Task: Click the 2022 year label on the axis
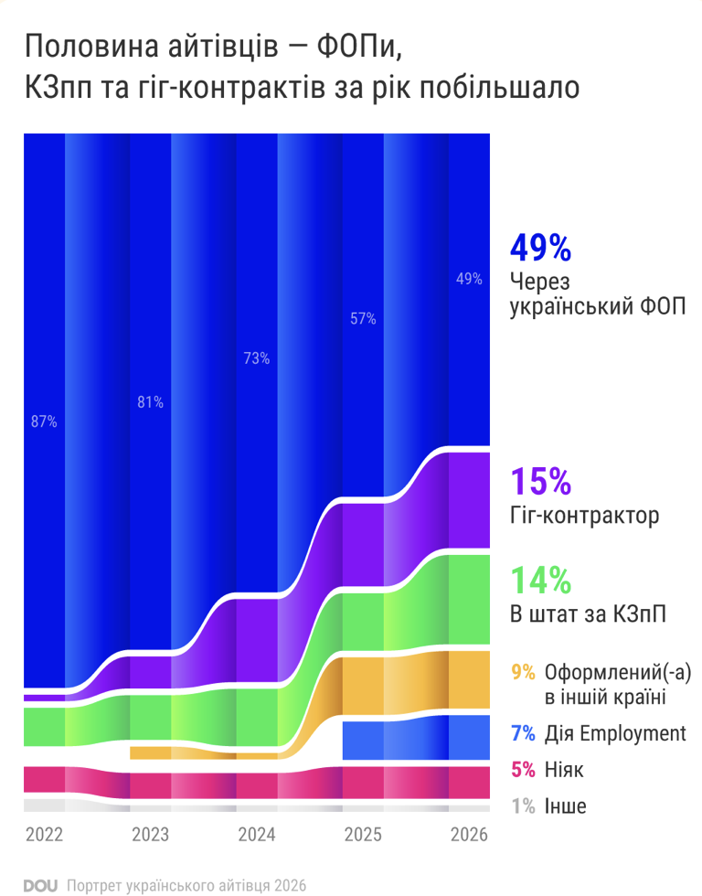tap(44, 835)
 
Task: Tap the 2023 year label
tap(150, 835)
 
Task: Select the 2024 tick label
tap(257, 835)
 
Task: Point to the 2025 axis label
tap(363, 835)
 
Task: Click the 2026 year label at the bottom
tap(469, 835)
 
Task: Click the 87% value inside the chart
tap(44, 421)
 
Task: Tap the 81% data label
tap(150, 402)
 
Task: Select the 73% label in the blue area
tap(257, 358)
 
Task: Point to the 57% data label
tap(363, 318)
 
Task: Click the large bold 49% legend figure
tap(540, 248)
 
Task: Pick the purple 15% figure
tap(540, 481)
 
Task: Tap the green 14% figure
tap(540, 581)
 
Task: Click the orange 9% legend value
tap(523, 673)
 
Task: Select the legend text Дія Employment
tap(615, 733)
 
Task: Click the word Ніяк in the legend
tap(564, 770)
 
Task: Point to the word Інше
tap(565, 806)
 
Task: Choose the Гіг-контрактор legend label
tap(584, 516)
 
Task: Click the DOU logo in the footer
tap(40, 886)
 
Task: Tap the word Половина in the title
tap(92, 47)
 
